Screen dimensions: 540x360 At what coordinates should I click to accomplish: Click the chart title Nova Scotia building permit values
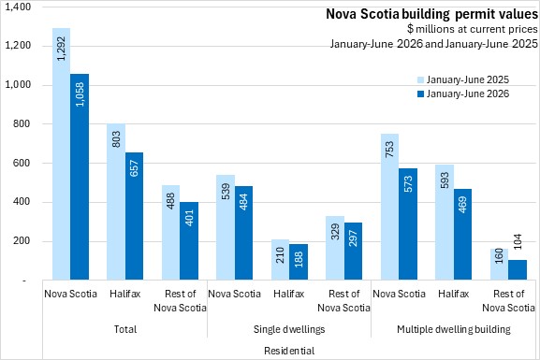tap(431, 14)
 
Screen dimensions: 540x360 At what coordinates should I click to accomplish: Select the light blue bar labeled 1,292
tap(62, 154)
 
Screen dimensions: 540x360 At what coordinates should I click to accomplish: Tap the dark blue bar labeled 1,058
tap(80, 177)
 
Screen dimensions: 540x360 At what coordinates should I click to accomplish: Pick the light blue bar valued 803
tap(116, 201)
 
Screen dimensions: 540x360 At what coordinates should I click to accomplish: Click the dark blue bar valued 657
tap(135, 216)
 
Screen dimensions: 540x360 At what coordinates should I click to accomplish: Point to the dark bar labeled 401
tap(189, 240)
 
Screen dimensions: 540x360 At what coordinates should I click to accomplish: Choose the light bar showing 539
tap(226, 227)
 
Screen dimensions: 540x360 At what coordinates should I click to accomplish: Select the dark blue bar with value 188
tap(299, 262)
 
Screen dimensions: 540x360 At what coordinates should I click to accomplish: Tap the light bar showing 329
tap(335, 248)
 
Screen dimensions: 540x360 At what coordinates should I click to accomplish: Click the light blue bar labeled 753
tap(390, 207)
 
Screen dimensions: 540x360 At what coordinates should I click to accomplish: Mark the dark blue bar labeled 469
tap(463, 234)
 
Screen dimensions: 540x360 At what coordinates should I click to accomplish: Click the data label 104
tap(518, 241)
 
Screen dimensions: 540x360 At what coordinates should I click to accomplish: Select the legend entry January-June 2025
tap(463, 79)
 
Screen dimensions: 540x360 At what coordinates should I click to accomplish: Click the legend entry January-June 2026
tap(463, 94)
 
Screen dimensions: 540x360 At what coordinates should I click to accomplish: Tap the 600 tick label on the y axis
tap(22, 163)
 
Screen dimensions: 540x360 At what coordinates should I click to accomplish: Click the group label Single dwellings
tap(289, 329)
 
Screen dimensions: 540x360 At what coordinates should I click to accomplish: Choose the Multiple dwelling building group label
tap(454, 329)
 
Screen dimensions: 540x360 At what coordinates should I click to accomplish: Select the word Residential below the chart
tap(289, 351)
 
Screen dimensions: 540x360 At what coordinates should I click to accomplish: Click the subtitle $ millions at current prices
tap(473, 29)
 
